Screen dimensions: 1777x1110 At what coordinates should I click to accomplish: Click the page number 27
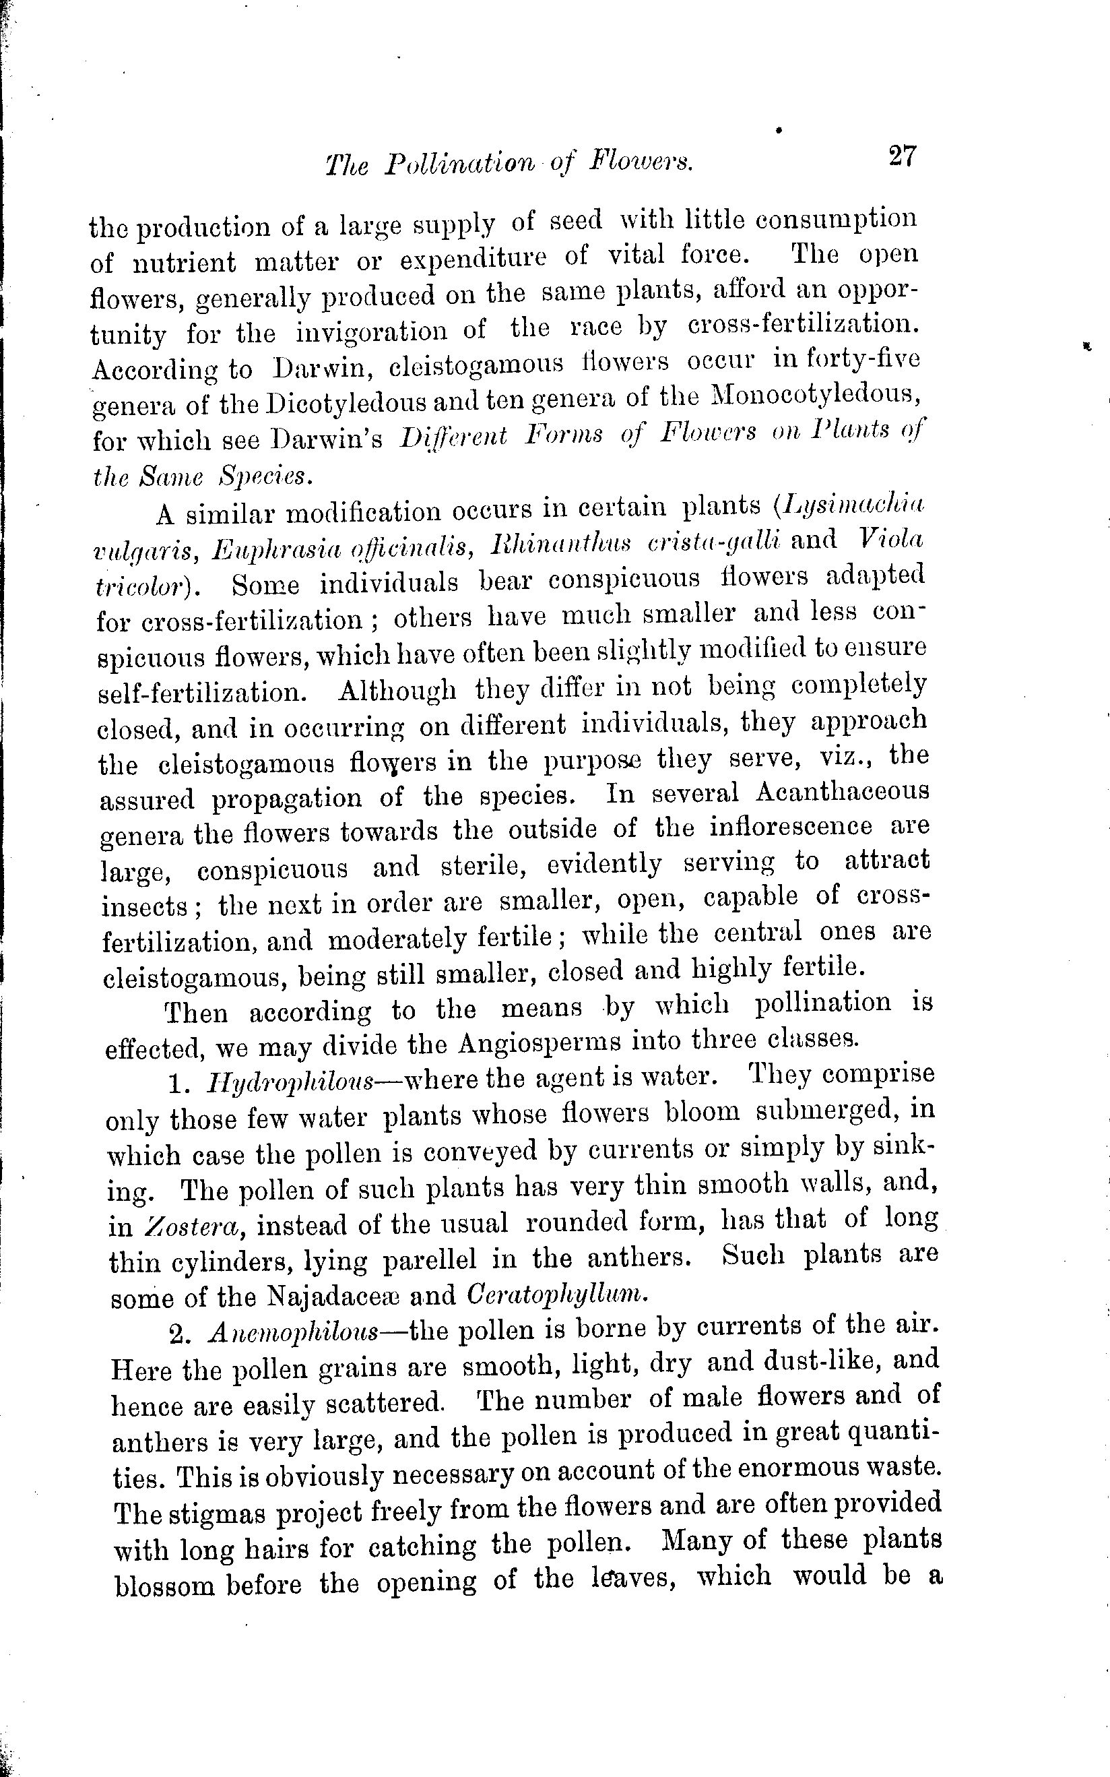pyautogui.click(x=903, y=156)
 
